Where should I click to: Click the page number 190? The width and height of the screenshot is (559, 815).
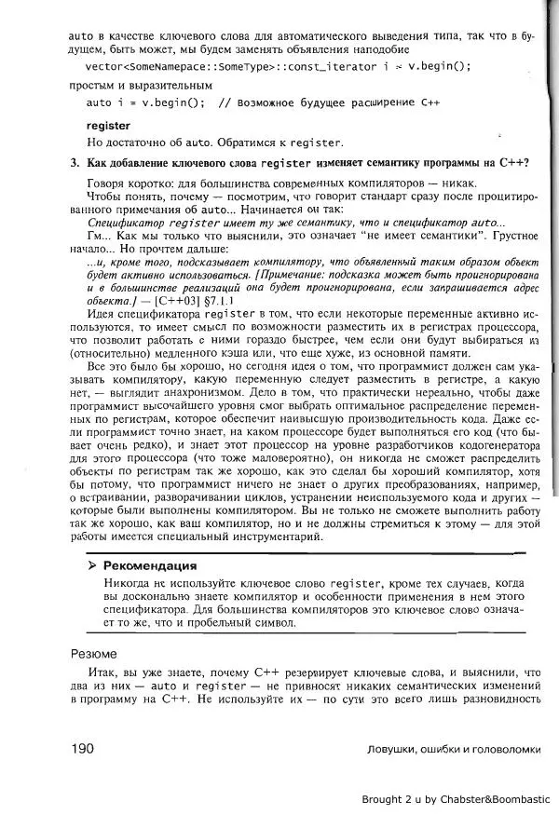click(x=84, y=749)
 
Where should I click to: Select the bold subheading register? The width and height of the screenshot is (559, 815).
click(x=108, y=124)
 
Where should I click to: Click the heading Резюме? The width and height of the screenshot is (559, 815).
click(x=95, y=653)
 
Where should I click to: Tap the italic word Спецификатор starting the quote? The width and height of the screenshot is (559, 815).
click(x=126, y=224)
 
